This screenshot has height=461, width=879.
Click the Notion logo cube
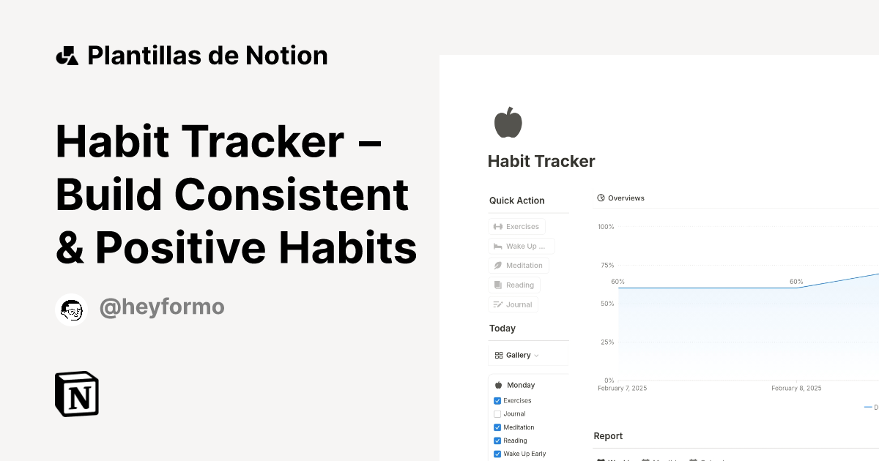pyautogui.click(x=77, y=394)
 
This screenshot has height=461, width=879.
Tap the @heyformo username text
pyautogui.click(x=162, y=307)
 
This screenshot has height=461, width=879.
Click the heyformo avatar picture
pyautogui.click(x=72, y=310)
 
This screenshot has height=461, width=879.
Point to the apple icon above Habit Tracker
pyautogui.click(x=508, y=122)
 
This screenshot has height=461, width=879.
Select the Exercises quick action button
pyautogui.click(x=516, y=227)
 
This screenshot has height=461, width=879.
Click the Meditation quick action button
pyautogui.click(x=518, y=266)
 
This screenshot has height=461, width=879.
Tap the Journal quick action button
pyautogui.click(x=513, y=304)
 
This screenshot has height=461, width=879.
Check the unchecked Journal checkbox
pyautogui.click(x=497, y=414)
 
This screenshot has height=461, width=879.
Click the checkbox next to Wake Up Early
pyautogui.click(x=497, y=454)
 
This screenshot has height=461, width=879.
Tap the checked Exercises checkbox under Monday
pyautogui.click(x=497, y=401)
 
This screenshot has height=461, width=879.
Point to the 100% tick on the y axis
pyautogui.click(x=606, y=227)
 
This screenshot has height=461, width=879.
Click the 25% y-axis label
pyautogui.click(x=607, y=342)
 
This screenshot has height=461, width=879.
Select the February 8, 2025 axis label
pyautogui.click(x=796, y=389)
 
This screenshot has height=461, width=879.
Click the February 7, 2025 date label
pyautogui.click(x=622, y=389)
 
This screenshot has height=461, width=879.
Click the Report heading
pyautogui.click(x=608, y=436)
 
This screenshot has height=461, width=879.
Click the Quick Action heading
pyautogui.click(x=517, y=200)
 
